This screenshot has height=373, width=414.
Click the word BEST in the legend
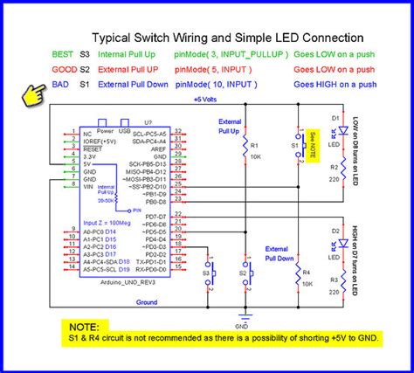coord(63,53)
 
